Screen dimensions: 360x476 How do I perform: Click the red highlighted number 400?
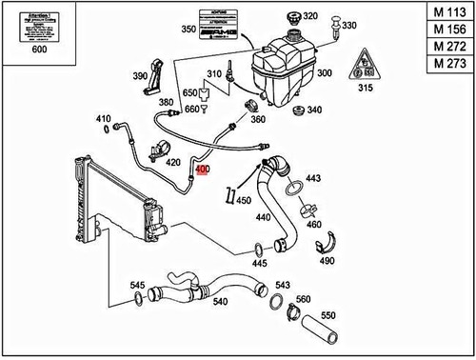click(x=201, y=172)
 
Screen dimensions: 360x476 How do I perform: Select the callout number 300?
click(x=324, y=72)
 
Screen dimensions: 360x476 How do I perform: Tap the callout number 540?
click(x=220, y=302)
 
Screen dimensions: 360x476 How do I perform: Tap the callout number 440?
click(x=264, y=218)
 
